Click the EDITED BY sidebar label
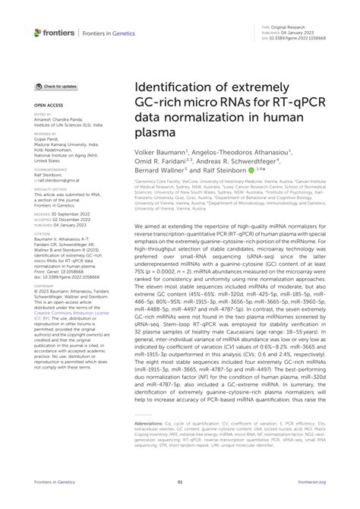(x=43, y=116)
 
